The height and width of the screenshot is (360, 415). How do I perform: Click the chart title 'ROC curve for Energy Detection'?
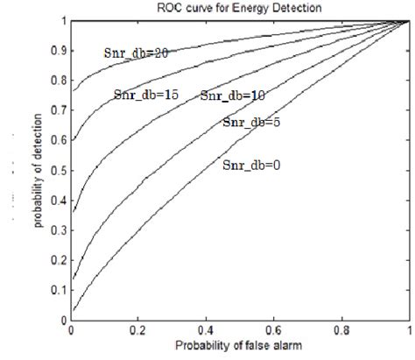click(238, 8)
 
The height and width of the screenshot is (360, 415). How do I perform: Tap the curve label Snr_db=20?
click(134, 53)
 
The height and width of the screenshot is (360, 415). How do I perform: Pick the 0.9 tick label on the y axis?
click(57, 49)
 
